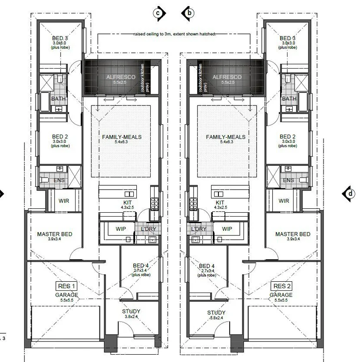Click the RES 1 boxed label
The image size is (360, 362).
click(67, 286)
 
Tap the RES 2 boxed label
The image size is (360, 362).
click(280, 286)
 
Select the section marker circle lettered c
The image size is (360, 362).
click(159, 13)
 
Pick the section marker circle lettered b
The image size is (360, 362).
click(188, 13)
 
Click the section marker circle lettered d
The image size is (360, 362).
click(350, 194)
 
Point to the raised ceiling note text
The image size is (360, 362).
click(175, 34)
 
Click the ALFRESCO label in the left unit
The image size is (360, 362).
click(121, 77)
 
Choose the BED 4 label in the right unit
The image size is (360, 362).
click(207, 266)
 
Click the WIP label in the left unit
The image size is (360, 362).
click(121, 229)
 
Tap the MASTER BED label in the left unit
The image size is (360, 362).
click(54, 234)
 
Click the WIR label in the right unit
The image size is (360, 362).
click(284, 201)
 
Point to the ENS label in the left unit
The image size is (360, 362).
click(59, 180)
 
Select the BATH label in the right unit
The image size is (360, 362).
click(289, 99)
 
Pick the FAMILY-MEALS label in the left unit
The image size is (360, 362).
click(122, 137)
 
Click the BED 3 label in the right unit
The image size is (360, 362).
click(287, 38)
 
